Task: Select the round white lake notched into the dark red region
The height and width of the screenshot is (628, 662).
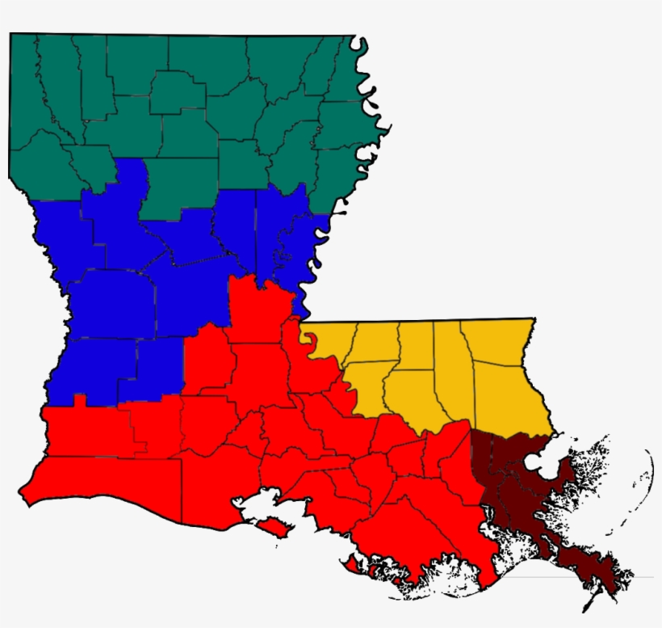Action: coord(537,463)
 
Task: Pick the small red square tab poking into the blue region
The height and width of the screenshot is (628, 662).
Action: coord(79,399)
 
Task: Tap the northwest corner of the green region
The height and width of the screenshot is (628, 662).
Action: coord(10,35)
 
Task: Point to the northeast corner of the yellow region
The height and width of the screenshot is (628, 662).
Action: coord(533,320)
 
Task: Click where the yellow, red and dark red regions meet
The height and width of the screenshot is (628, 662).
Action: coord(471,430)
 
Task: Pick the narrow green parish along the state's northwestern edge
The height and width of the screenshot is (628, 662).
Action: coord(23,89)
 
